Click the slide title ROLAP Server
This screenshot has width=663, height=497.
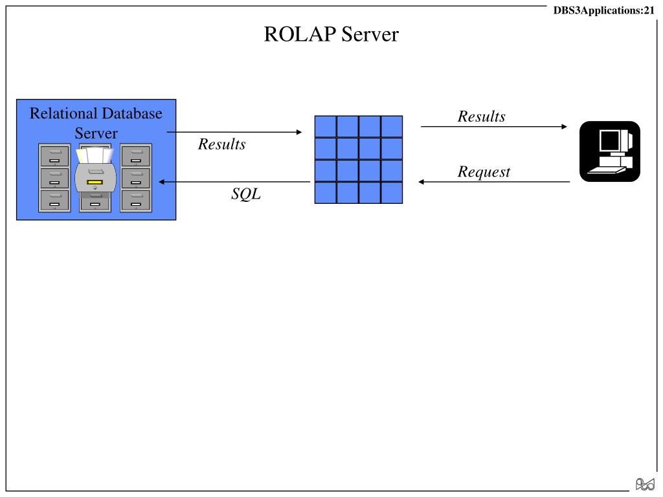(x=331, y=34)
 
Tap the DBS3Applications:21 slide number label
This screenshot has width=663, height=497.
(x=604, y=10)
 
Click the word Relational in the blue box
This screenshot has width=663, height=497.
(x=63, y=113)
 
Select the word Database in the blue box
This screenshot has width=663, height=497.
(x=132, y=113)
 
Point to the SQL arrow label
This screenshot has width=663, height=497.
(x=246, y=193)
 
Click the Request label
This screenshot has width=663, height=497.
(x=484, y=172)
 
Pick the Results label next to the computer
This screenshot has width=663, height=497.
(x=481, y=116)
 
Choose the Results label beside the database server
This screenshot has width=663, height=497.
(x=221, y=144)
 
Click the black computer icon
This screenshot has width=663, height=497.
(x=610, y=151)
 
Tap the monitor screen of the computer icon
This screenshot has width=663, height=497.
(x=609, y=140)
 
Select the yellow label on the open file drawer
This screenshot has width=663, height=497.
(x=95, y=182)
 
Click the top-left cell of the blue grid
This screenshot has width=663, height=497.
(x=326, y=126)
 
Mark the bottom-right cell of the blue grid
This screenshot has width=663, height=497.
(x=392, y=193)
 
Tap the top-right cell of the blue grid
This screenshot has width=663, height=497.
(x=392, y=126)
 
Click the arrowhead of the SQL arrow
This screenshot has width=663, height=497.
(x=161, y=182)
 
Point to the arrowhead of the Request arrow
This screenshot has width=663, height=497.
(x=421, y=182)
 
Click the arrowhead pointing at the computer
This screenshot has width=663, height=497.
(x=564, y=126)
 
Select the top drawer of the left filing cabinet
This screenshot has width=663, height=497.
(x=54, y=155)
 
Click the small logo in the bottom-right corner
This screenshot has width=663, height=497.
(x=646, y=484)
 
